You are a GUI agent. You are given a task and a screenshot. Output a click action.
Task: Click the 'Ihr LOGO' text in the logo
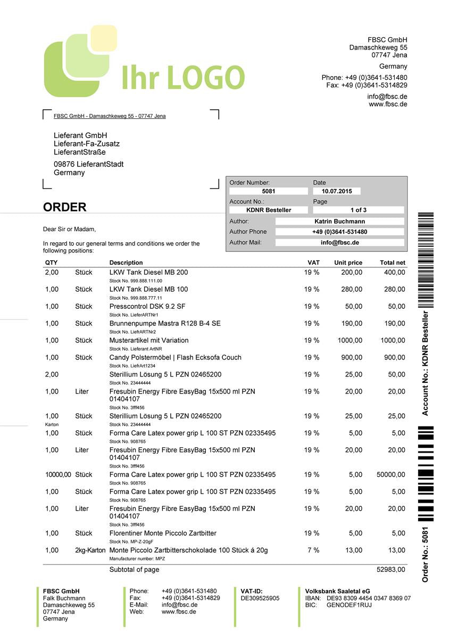coord(183,78)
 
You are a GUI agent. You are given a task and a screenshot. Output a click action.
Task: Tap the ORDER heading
coord(64,207)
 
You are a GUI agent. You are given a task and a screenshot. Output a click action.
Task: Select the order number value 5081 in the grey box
coord(269,191)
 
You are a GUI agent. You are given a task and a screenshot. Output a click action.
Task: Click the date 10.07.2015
coord(337,191)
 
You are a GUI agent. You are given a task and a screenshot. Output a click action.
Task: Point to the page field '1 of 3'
coord(359,210)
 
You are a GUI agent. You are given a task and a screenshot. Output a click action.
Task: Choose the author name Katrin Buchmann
coord(340,221)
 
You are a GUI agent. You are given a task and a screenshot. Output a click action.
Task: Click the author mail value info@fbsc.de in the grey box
coord(340,242)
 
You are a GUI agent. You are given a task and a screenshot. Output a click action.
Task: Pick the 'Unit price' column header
coord(348,263)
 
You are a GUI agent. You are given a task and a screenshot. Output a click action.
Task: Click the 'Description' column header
coord(126,263)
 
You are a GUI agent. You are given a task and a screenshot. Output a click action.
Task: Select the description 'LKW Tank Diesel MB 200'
coord(148,272)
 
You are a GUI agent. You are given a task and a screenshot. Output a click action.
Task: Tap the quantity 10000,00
coord(58,474)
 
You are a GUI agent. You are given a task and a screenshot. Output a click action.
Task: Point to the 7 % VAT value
coord(313,550)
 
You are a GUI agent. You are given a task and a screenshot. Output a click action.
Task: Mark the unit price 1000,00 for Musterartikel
coord(350,340)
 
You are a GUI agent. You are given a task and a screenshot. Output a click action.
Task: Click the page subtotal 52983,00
coord(390,569)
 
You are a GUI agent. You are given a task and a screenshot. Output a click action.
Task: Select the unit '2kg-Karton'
coord(90,550)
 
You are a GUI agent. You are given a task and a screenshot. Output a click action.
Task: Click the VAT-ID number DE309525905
coord(260,598)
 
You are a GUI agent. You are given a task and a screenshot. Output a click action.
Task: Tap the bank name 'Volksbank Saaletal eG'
coord(337,591)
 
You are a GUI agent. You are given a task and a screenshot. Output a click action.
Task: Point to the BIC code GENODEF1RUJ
coord(349,605)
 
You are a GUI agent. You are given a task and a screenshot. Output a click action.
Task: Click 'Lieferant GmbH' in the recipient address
coord(80,135)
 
